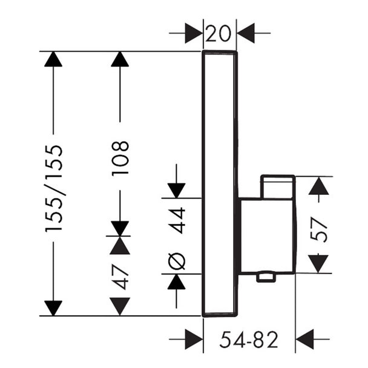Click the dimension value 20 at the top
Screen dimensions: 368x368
point(218,33)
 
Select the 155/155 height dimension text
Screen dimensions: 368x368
point(54,188)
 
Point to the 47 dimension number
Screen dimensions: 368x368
point(120,277)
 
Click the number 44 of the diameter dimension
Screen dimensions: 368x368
point(177,220)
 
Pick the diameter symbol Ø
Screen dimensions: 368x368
point(177,261)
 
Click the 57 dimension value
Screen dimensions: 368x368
point(318,229)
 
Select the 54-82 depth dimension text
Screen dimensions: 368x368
point(249,340)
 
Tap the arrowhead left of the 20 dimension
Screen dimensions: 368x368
point(194,33)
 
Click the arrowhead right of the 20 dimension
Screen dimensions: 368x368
point(246,33)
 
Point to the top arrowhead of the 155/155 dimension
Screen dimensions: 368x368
point(53,59)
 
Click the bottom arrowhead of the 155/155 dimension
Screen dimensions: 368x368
point(53,308)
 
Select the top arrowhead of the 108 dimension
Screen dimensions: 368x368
point(120,59)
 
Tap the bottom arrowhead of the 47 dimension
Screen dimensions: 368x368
point(120,306)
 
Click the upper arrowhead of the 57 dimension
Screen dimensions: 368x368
point(318,186)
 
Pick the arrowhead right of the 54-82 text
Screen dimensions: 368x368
point(304,339)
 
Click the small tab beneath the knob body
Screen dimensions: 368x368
point(266,277)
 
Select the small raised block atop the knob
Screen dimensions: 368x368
point(278,187)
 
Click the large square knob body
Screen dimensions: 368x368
point(267,236)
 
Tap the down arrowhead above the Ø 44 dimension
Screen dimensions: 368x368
point(177,191)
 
